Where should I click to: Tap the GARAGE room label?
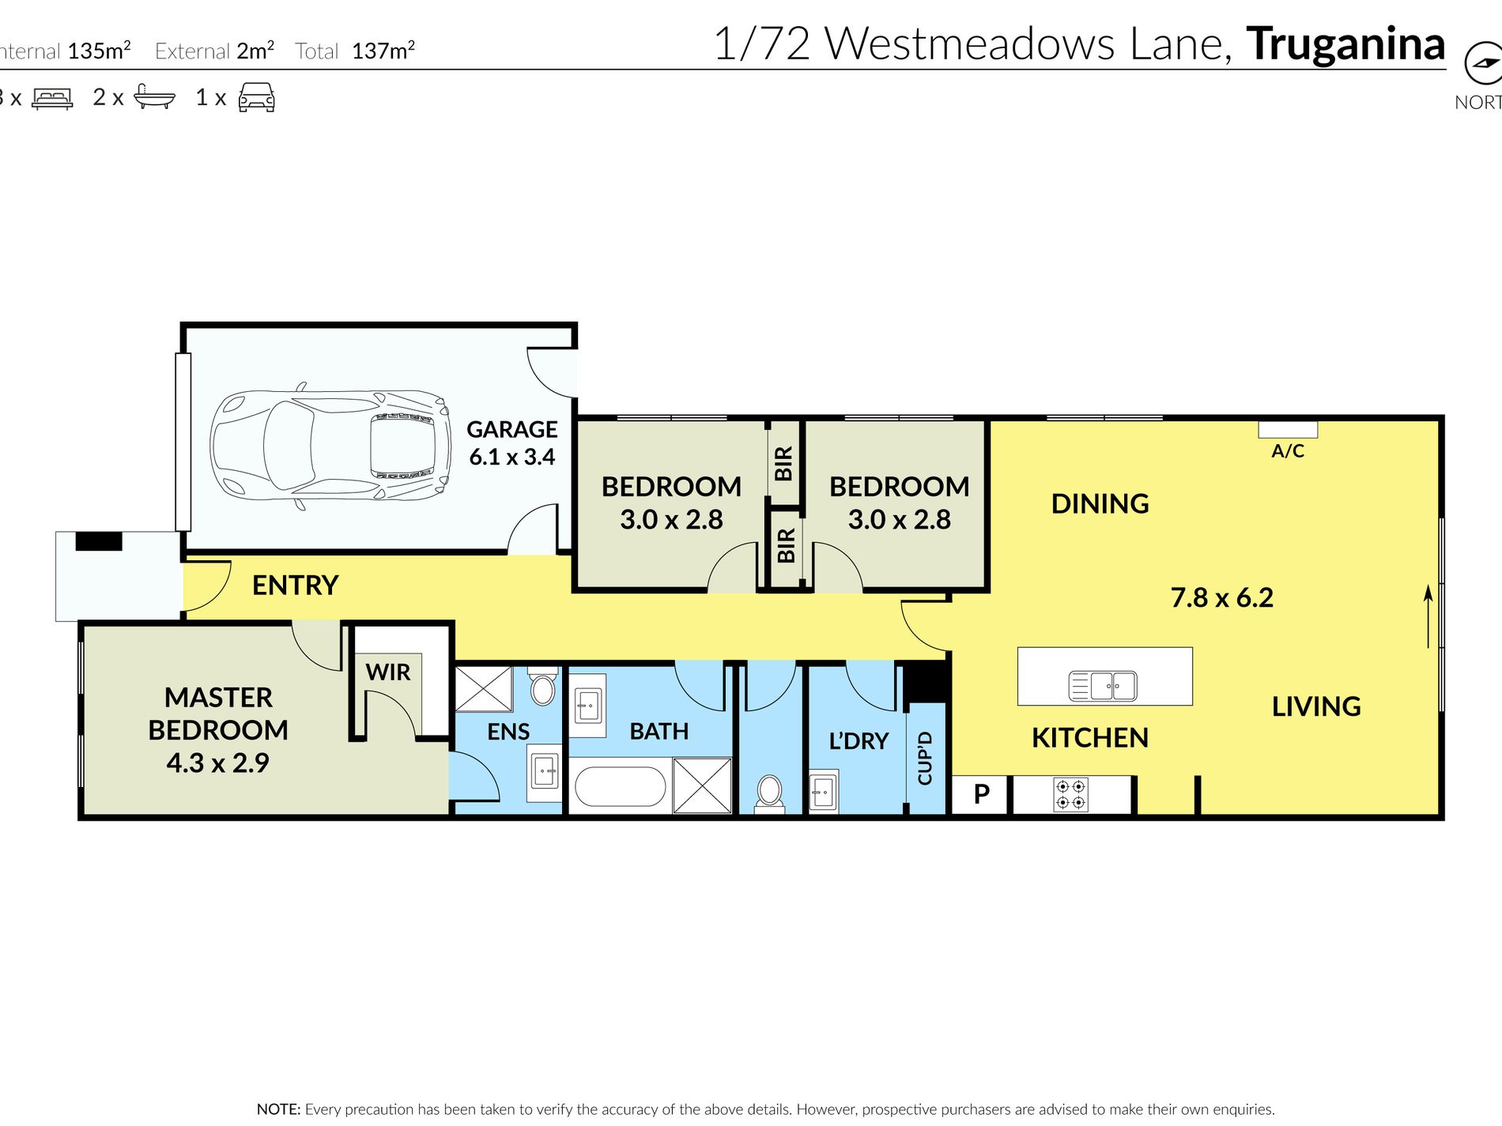[511, 429]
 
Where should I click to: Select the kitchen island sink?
[1103, 685]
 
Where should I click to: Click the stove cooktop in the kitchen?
[1070, 794]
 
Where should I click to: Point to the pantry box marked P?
[981, 794]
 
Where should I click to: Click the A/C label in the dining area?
[1287, 451]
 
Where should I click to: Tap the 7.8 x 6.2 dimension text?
[1221, 598]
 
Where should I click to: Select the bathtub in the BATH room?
[621, 786]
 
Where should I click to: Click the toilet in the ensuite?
[542, 687]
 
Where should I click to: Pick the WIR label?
[387, 672]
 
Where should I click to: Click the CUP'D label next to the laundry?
[925, 759]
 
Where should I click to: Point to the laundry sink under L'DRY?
[823, 791]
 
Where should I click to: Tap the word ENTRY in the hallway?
[295, 586]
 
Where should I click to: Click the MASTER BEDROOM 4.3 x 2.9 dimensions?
[217, 763]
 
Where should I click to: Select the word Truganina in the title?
[1345, 44]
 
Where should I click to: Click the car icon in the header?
[256, 97]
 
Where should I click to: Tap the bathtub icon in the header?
[154, 96]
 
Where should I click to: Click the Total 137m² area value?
[383, 51]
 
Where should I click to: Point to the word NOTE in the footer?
[278, 1109]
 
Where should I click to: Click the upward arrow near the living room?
[1428, 616]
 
